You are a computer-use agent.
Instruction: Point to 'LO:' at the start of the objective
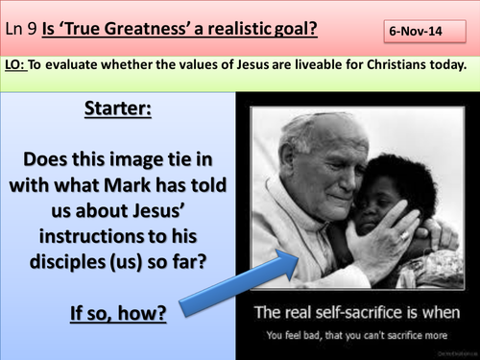tap(21, 64)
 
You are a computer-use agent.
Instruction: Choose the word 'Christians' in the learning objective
tap(370, 64)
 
